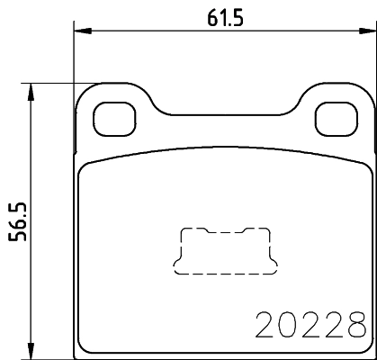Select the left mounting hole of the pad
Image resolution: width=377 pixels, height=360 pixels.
point(112,114)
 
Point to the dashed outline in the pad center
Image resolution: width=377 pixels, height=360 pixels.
point(221,251)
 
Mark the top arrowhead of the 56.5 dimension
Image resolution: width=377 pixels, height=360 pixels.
point(32,90)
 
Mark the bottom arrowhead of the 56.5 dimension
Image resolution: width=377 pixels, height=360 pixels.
point(32,352)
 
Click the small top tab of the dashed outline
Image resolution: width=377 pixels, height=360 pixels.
point(221,229)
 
